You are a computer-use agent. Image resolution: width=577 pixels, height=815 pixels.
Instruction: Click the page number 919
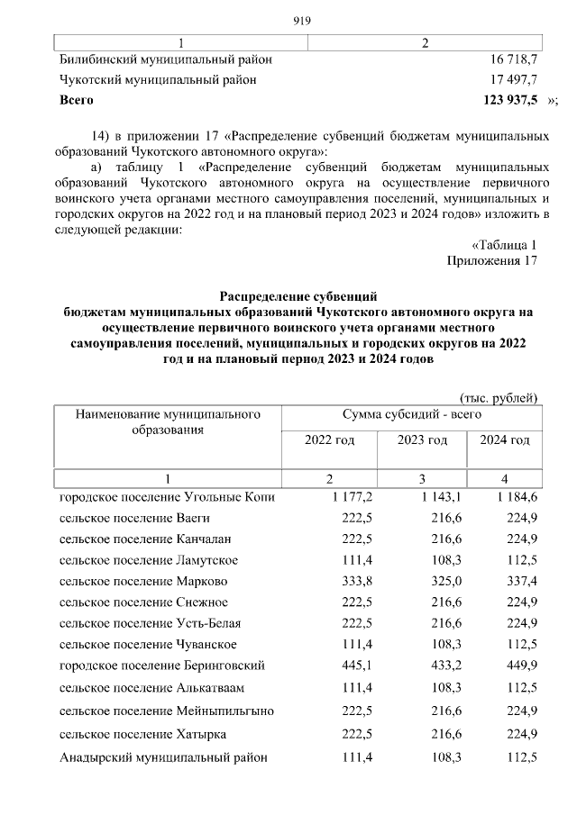click(x=302, y=22)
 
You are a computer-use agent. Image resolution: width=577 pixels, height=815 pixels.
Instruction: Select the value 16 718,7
click(x=510, y=59)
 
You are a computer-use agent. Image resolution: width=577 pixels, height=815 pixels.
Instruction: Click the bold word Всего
click(x=77, y=99)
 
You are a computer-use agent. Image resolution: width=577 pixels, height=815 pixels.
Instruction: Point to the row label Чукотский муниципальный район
click(x=158, y=79)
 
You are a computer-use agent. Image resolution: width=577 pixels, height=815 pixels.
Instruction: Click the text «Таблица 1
click(x=504, y=245)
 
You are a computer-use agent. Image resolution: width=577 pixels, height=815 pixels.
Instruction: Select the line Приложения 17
click(x=492, y=261)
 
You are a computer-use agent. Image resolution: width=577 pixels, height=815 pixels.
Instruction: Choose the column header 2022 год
click(x=330, y=439)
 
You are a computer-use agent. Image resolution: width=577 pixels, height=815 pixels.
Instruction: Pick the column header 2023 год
click(x=422, y=439)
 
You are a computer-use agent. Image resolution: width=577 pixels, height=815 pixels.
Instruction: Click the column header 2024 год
click(x=504, y=439)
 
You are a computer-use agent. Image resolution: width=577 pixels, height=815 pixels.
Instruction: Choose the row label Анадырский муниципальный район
click(x=163, y=757)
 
